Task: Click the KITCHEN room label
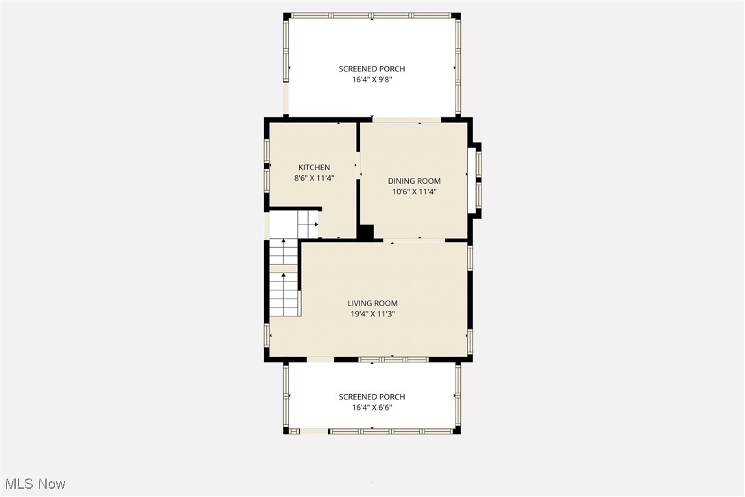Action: point(314,167)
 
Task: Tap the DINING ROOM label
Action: point(414,181)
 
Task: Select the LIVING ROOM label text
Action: point(372,303)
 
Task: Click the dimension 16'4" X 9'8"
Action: point(372,80)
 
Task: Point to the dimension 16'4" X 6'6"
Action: point(372,407)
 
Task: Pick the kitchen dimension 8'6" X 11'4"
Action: point(314,178)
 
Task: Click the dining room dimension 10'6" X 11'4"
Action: point(414,192)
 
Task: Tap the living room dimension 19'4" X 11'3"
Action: point(372,314)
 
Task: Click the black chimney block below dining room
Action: point(366,233)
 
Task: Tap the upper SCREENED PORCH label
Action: point(372,69)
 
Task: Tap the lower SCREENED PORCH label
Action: point(372,397)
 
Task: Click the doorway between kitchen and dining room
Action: point(358,165)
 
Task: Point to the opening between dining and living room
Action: point(418,240)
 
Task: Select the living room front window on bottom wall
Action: point(393,359)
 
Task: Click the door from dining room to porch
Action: point(406,120)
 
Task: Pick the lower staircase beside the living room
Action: point(284,294)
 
